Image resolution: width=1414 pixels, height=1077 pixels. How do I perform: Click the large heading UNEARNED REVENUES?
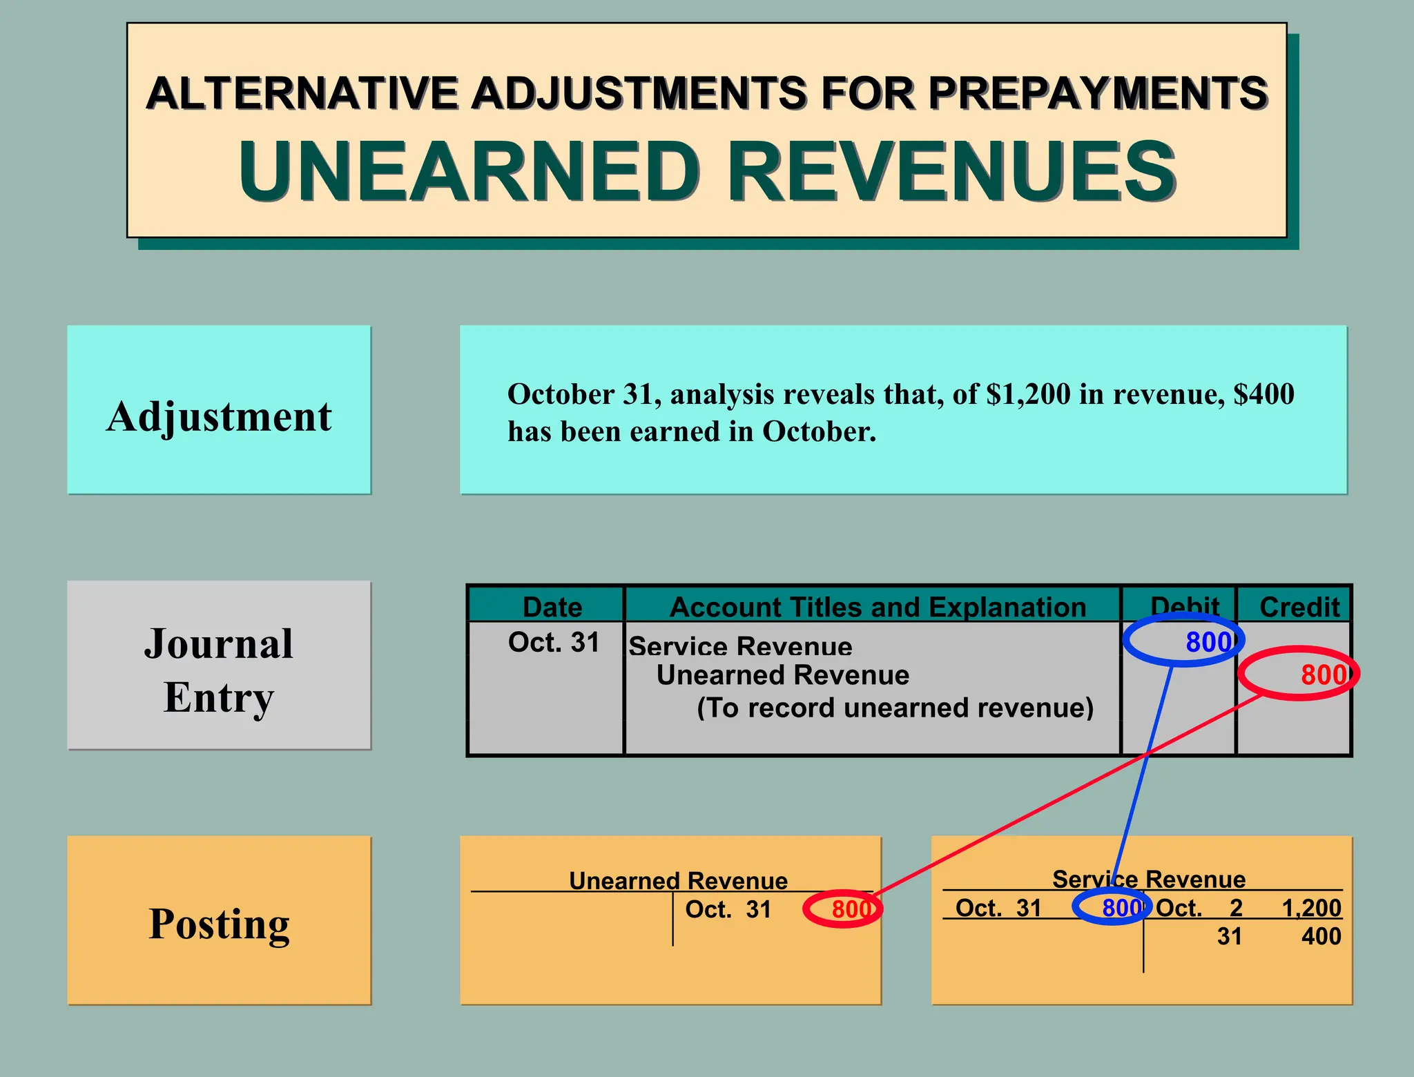pyautogui.click(x=707, y=171)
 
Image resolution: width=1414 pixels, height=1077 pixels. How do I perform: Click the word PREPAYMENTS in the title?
pyautogui.click(x=1098, y=93)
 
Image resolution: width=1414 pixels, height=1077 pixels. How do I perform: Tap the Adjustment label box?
pyautogui.click(x=219, y=410)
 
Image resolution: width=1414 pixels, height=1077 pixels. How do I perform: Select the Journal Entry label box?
pyautogui.click(x=219, y=666)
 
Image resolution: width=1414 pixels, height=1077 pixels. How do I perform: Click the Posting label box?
pyautogui.click(x=219, y=921)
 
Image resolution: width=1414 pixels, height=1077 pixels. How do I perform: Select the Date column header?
pyautogui.click(x=552, y=607)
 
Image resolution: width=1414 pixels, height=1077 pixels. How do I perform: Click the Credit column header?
pyautogui.click(x=1299, y=607)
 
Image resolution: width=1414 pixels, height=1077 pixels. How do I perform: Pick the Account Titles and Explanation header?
pyautogui.click(x=878, y=607)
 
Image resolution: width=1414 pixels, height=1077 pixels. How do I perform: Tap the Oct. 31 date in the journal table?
pyautogui.click(x=554, y=642)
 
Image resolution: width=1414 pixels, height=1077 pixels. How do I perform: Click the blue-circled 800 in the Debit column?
pyautogui.click(x=1207, y=642)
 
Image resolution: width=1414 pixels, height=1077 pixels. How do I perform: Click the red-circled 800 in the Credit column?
pyautogui.click(x=1322, y=675)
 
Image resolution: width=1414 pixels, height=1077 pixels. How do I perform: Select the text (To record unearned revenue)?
pyautogui.click(x=895, y=708)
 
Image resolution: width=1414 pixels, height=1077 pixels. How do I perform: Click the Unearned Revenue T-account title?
pyautogui.click(x=678, y=880)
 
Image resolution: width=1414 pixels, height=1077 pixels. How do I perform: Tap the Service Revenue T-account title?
pyautogui.click(x=1149, y=879)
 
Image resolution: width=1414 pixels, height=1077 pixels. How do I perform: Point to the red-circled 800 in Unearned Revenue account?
pyautogui.click(x=850, y=909)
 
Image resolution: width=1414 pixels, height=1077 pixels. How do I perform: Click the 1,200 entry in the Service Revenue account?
pyautogui.click(x=1311, y=908)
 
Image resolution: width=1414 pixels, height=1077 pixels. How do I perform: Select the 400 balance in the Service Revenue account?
pyautogui.click(x=1321, y=936)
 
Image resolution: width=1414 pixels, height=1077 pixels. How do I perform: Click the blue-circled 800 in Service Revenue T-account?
pyautogui.click(x=1120, y=908)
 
